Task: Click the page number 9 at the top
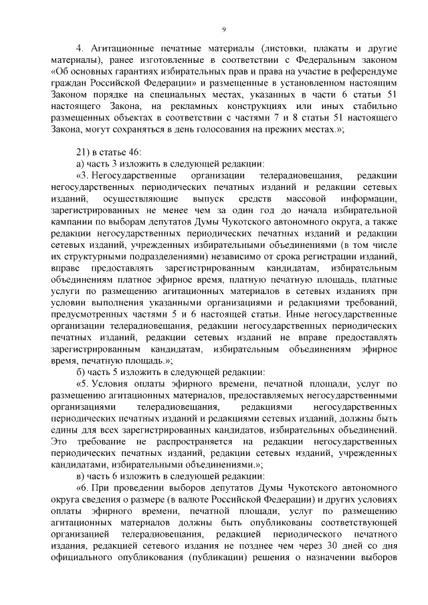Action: point(223,29)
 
